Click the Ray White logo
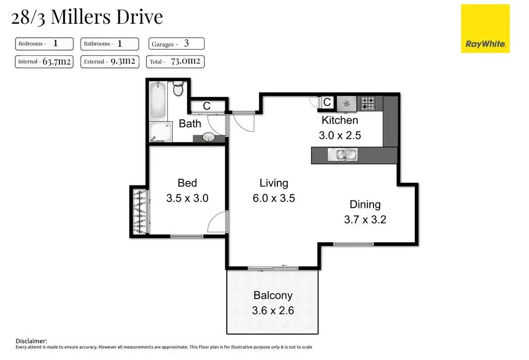click(485, 29)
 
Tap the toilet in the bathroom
click(178, 88)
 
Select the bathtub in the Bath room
click(158, 101)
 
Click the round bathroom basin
click(209, 137)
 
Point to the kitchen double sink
click(343, 155)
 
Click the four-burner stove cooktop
click(368, 104)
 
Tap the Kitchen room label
click(340, 120)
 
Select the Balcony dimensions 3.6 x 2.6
click(273, 310)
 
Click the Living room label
click(274, 183)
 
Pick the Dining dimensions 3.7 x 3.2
click(365, 220)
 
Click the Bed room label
click(187, 183)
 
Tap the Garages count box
click(177, 43)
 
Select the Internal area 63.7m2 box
click(44, 62)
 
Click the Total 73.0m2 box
click(175, 62)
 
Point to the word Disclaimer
click(31, 341)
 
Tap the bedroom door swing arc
click(215, 221)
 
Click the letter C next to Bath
click(207, 106)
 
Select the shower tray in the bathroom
click(161, 132)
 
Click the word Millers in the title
click(81, 17)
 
